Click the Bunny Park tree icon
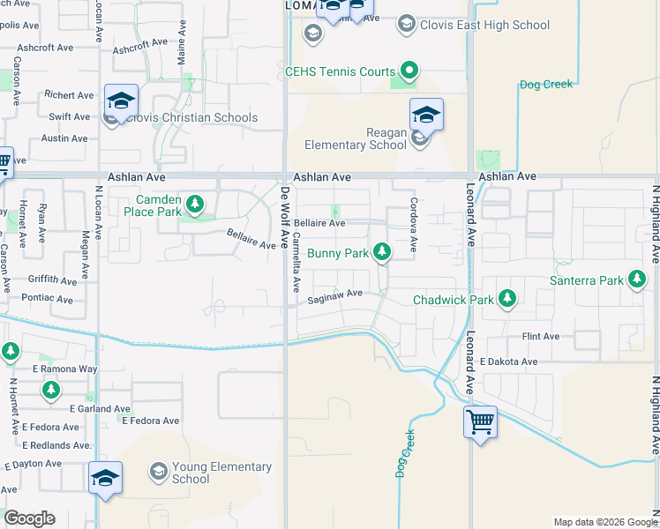[x=381, y=254]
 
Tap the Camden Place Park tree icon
[x=195, y=206]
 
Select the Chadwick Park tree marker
[x=507, y=300]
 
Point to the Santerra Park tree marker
[x=636, y=281]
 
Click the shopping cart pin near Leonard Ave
[x=480, y=422]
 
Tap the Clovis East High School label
[x=486, y=26]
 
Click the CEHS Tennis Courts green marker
[x=409, y=71]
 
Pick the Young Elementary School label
[x=191, y=473]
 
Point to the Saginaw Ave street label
[x=335, y=296]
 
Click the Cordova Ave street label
[x=413, y=221]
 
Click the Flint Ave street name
[x=541, y=337]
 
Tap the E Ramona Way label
[x=65, y=369]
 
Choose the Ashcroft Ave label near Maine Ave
[x=140, y=43]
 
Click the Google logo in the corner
[x=29, y=518]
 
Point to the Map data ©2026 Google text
[x=604, y=522]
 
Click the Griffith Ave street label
[x=53, y=280]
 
